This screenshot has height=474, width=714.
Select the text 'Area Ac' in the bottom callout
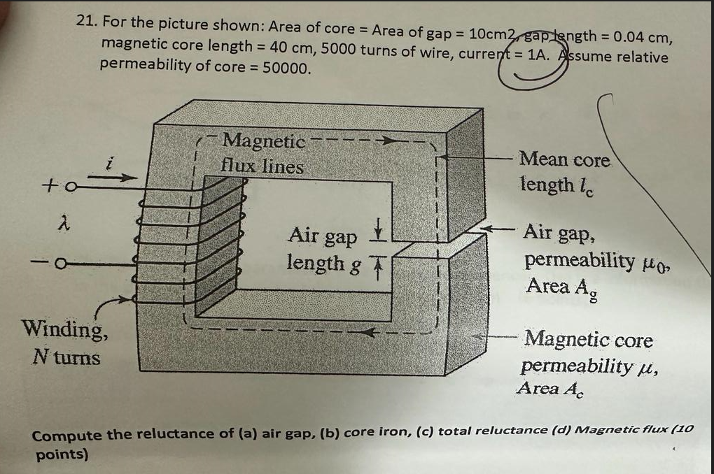click(549, 389)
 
